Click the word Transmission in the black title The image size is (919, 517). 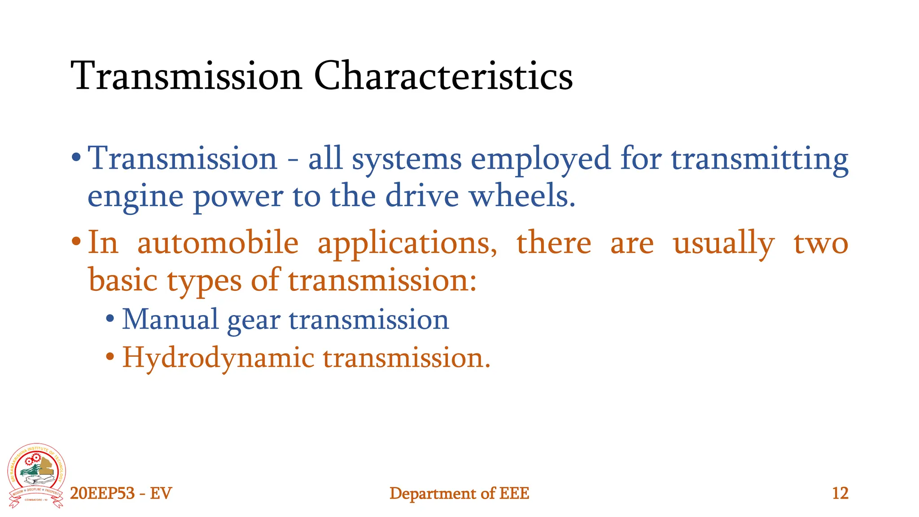click(186, 76)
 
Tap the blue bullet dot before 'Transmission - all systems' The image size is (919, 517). click(76, 158)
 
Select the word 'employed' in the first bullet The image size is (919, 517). click(540, 159)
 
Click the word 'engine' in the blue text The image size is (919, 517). click(135, 197)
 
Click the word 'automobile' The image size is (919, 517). click(218, 243)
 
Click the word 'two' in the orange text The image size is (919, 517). click(821, 244)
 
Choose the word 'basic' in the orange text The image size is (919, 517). click(123, 280)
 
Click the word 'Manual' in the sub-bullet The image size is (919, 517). click(170, 320)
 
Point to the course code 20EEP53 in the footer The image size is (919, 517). click(102, 493)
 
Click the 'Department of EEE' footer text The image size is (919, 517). click(459, 493)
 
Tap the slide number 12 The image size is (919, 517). click(840, 493)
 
